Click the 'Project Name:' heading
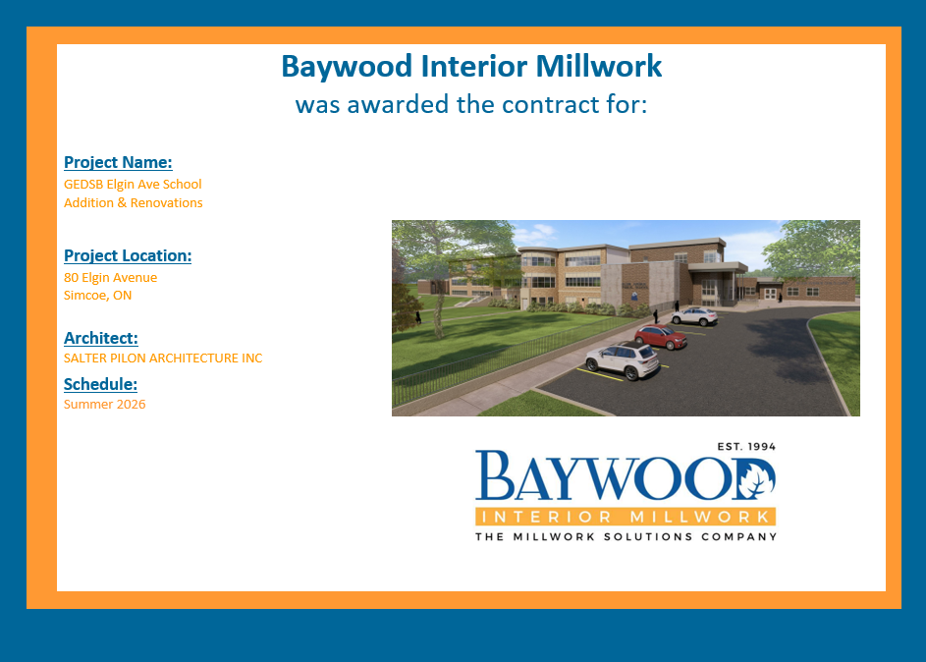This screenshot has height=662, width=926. coord(118,162)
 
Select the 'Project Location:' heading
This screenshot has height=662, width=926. coord(128,255)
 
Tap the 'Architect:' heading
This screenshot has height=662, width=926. coord(101,338)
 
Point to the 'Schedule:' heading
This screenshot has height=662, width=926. coord(100,384)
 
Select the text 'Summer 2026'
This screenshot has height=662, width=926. coord(104,404)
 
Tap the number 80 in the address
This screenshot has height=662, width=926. coord(71,278)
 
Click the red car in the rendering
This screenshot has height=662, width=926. coord(661,336)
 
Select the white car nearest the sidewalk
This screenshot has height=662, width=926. coord(623,359)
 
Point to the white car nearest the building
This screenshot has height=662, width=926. coord(694,316)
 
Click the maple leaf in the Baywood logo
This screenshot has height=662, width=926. coord(756,479)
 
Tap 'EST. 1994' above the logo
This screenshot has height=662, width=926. coord(746,447)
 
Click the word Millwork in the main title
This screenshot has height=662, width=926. coord(599,66)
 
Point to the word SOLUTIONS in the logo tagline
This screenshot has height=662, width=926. coord(648,537)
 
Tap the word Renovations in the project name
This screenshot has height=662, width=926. coord(167,203)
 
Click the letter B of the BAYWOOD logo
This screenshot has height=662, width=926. coord(495,475)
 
